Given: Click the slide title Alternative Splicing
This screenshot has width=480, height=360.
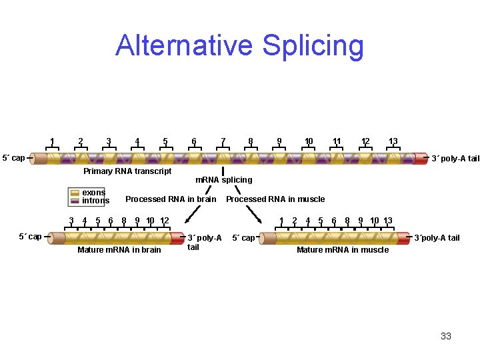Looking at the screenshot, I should (240, 45).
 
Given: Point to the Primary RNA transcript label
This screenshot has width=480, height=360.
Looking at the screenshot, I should (127, 171).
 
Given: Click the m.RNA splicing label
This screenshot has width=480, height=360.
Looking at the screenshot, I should (223, 180).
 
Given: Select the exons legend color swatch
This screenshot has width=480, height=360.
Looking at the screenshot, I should (75, 193).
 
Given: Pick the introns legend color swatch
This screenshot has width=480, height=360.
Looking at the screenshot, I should (75, 201).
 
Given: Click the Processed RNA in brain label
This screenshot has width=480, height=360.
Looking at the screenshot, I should (171, 199).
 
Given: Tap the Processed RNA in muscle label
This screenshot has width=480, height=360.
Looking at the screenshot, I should (275, 199).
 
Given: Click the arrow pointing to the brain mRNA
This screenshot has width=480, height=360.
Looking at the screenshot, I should (193, 213).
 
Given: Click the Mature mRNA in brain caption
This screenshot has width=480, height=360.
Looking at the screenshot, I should (119, 250).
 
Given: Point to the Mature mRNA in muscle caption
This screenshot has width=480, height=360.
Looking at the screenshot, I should (343, 250).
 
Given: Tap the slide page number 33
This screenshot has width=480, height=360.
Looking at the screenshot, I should (446, 336).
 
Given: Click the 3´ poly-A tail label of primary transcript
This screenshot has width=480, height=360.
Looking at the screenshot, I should (455, 159).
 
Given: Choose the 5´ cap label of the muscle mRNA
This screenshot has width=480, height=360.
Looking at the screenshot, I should (243, 238).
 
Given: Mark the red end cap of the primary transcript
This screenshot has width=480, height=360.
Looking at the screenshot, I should (421, 158).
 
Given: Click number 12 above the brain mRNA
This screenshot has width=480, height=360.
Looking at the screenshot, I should (164, 221).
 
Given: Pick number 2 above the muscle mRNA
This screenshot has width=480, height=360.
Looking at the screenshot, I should (295, 221).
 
